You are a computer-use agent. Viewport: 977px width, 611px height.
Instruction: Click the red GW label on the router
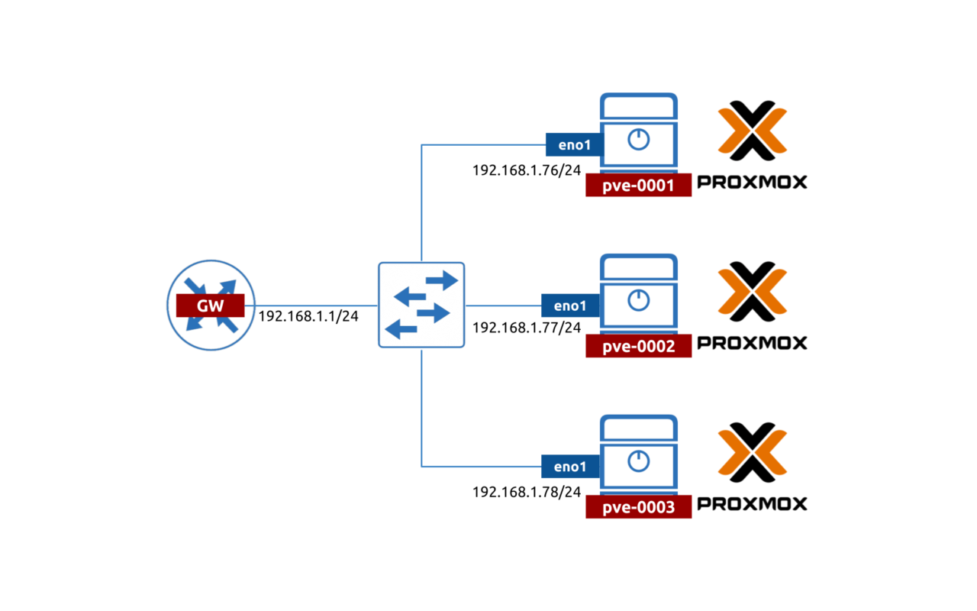(x=210, y=305)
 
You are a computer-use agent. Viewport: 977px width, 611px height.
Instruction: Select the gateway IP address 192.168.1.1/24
(x=308, y=316)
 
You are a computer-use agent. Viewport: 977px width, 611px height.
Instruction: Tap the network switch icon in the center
(x=421, y=305)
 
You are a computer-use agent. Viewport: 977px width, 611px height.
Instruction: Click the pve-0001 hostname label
(x=638, y=186)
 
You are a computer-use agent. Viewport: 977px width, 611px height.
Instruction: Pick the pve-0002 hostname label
(x=638, y=347)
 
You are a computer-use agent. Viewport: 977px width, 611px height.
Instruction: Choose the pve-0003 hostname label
(x=638, y=507)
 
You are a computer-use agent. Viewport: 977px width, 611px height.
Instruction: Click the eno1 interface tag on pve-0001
(x=573, y=144)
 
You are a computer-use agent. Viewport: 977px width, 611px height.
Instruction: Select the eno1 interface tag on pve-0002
(x=570, y=305)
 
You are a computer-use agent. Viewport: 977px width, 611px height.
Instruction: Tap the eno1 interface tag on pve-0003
(x=570, y=466)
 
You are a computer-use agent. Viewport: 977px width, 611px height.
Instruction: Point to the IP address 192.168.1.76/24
(x=527, y=170)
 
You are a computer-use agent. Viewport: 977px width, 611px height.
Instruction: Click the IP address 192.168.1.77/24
(x=527, y=328)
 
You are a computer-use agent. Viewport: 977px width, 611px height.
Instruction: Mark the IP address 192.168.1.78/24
(x=527, y=492)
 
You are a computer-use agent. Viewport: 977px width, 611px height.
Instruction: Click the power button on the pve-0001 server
(x=638, y=140)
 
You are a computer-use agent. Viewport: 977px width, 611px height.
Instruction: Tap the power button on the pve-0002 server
(x=638, y=301)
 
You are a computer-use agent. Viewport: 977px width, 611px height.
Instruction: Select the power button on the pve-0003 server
(x=638, y=461)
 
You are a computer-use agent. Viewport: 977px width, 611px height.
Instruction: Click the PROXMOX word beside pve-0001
(x=752, y=183)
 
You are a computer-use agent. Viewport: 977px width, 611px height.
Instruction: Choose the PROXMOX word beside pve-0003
(x=752, y=504)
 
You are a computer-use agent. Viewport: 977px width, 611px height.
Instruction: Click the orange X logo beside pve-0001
(x=752, y=131)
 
